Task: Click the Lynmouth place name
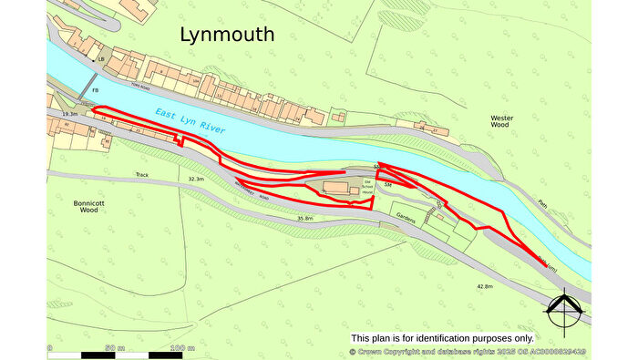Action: pyautogui.click(x=227, y=36)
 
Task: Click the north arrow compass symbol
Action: pyautogui.click(x=563, y=313)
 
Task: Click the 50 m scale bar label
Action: pyautogui.click(x=114, y=349)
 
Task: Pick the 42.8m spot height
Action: pyautogui.click(x=485, y=287)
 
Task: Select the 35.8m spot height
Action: pyautogui.click(x=304, y=219)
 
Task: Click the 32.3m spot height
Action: pyautogui.click(x=195, y=180)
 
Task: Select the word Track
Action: pyautogui.click(x=142, y=174)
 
